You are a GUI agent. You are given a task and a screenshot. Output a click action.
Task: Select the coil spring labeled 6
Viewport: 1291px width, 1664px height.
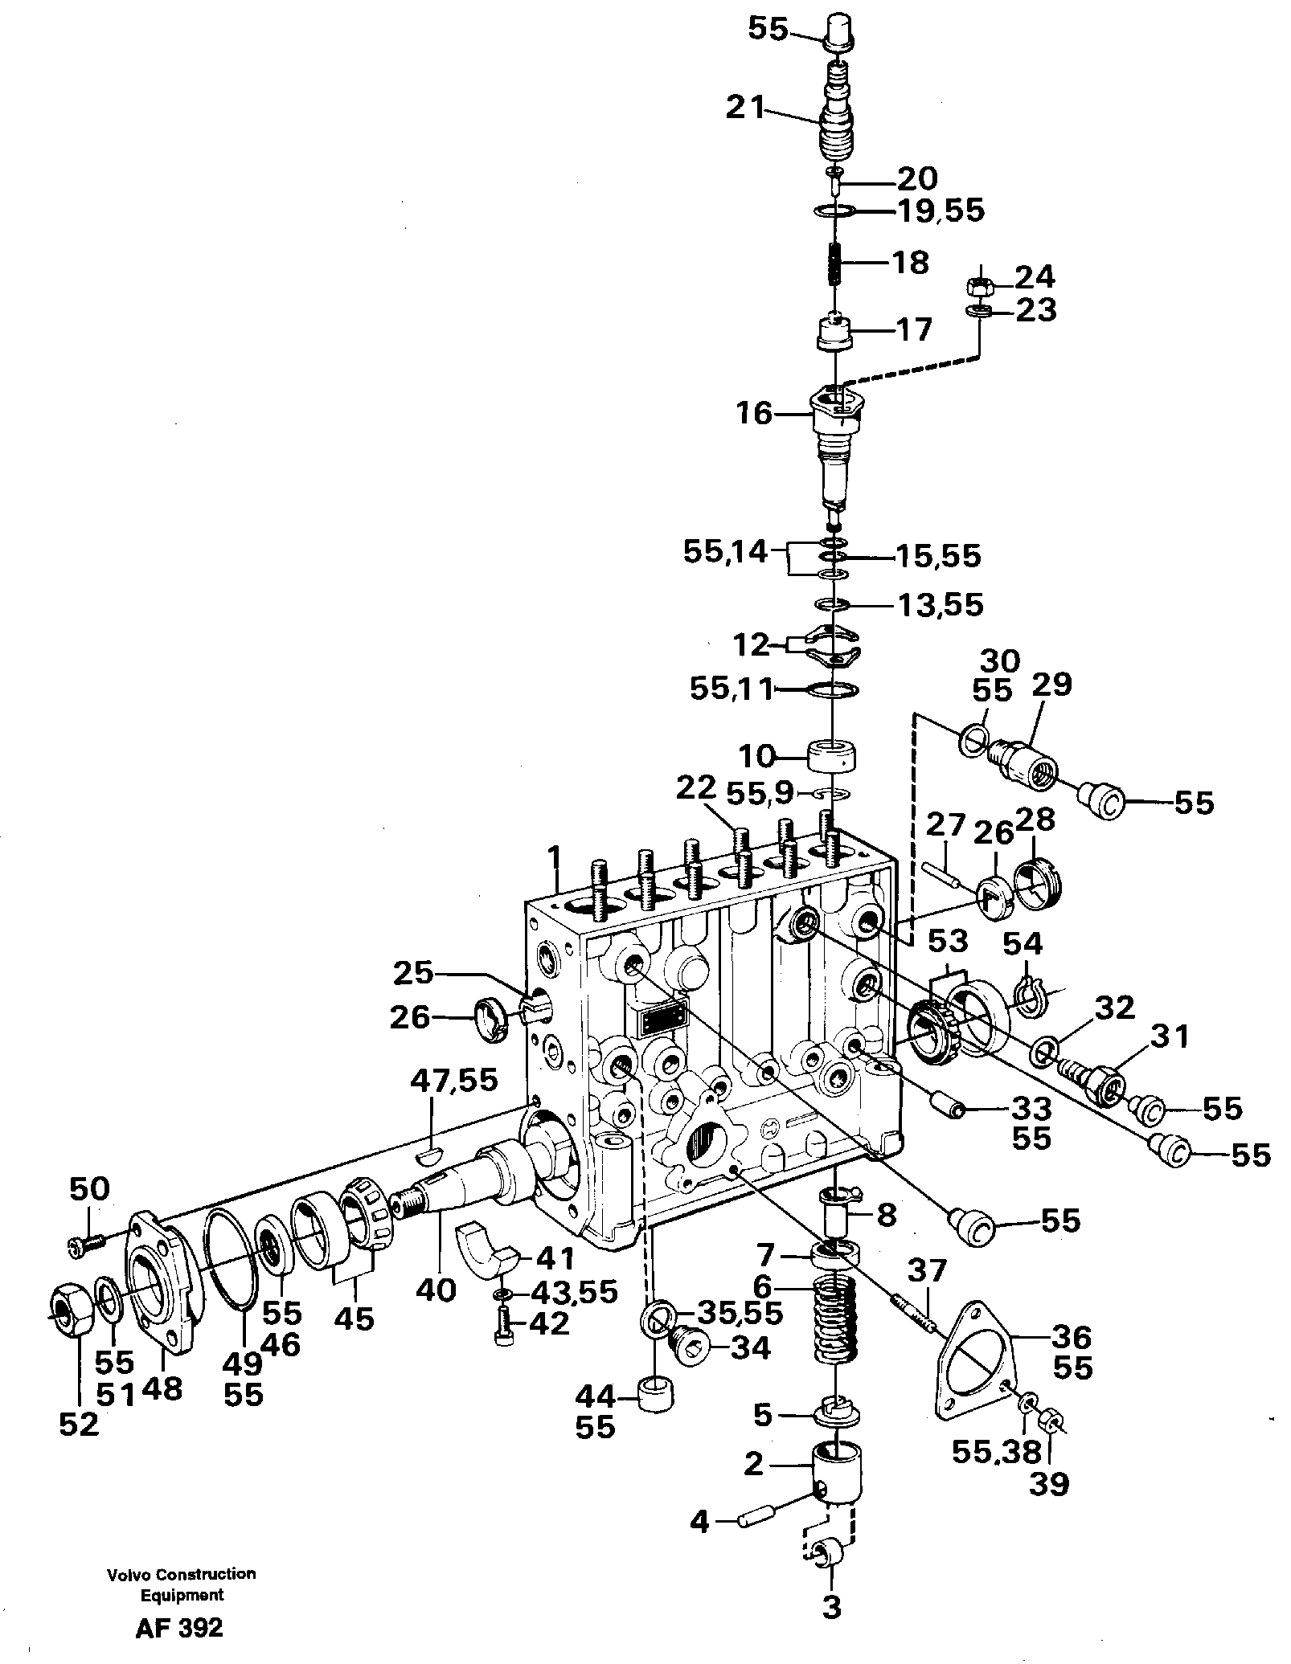[x=837, y=1326]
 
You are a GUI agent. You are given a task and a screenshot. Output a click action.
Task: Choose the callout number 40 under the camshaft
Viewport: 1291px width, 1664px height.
[x=436, y=1290]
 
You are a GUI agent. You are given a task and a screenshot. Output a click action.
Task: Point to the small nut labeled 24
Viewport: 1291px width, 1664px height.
[x=981, y=285]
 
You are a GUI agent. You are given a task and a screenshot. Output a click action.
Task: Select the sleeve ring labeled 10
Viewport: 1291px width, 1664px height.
[x=831, y=756]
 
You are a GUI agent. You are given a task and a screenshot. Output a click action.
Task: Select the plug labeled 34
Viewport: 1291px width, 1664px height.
[x=690, y=1347]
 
